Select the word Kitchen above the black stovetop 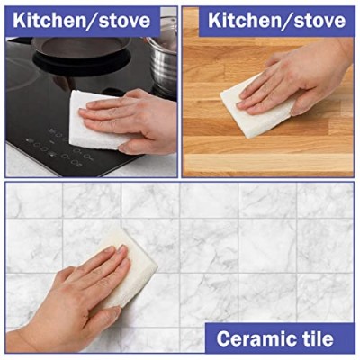coord(49,21)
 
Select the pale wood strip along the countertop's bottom coord(268,163)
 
